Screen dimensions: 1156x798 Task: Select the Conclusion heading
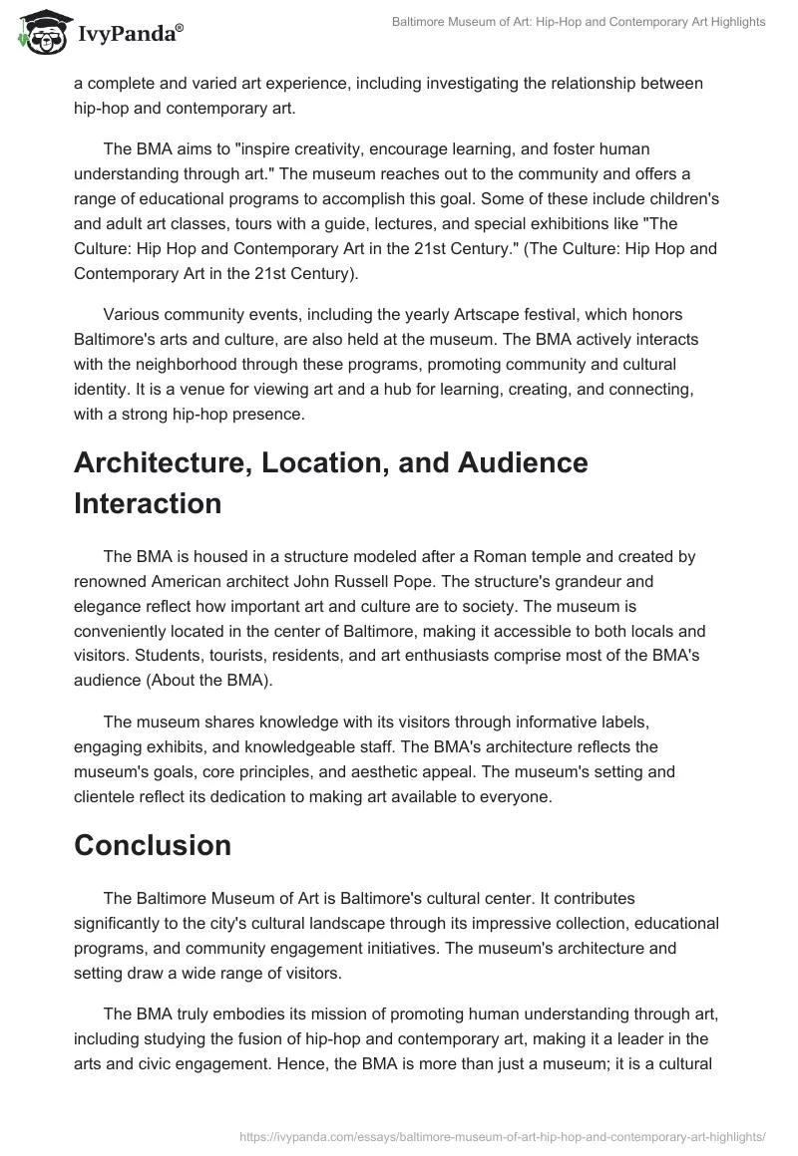pos(153,845)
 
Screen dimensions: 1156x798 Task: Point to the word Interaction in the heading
pos(148,503)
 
